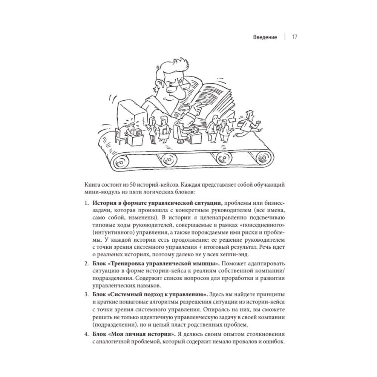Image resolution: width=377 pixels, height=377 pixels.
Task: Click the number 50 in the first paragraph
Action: click(129, 185)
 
